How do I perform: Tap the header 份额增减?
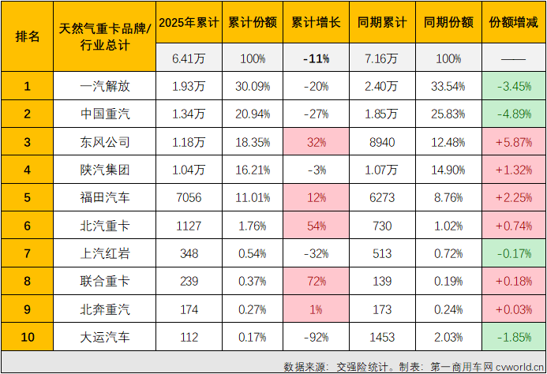[511, 22]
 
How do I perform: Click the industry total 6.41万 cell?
[187, 58]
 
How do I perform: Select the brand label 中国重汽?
[105, 114]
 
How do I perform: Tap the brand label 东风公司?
[105, 143]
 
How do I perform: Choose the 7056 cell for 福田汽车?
[187, 198]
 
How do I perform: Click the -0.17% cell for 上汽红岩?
[511, 254]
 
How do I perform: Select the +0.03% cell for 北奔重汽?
[511, 310]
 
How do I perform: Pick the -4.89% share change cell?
[511, 114]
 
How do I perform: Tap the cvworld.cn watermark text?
[518, 366]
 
